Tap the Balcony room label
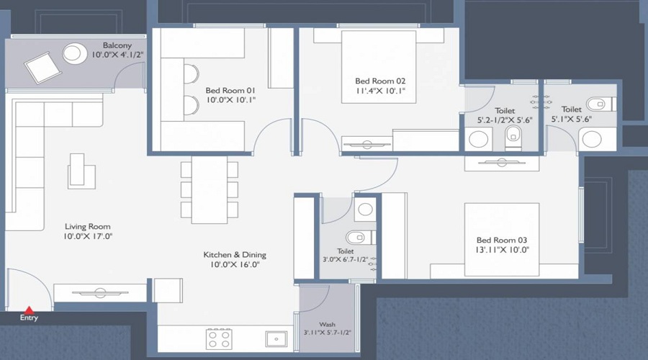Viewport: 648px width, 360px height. click(117, 45)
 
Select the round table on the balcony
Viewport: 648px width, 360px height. click(74, 53)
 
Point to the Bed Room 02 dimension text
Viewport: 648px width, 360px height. click(381, 91)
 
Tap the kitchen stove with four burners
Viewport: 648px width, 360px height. click(218, 338)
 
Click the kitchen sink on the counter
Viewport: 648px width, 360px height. click(276, 338)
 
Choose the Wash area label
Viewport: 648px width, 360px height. click(327, 325)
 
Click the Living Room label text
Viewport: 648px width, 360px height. click(89, 226)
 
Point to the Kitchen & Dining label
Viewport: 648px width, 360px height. click(234, 255)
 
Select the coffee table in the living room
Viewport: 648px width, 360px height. click(81, 171)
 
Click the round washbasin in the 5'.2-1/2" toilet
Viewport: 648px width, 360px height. click(478, 139)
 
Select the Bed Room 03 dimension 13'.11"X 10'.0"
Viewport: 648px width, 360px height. click(503, 250)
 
